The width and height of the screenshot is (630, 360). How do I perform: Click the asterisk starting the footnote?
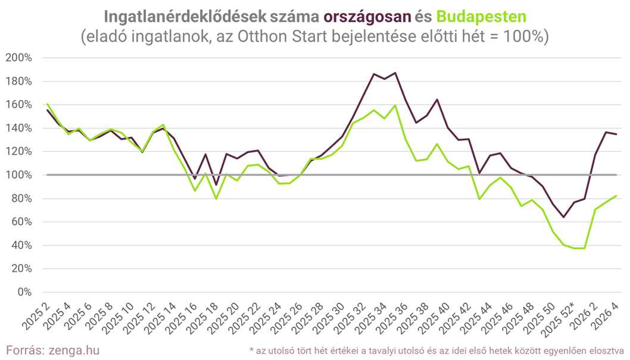pyautogui.click(x=251, y=349)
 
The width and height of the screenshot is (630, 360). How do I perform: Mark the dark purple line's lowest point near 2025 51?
pyautogui.click(x=563, y=217)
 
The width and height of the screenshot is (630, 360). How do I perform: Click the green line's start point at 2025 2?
pyautogui.click(x=47, y=104)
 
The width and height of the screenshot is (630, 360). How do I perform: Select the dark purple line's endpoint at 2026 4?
pyautogui.click(x=616, y=134)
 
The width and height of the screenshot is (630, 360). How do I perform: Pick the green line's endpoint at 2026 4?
pyautogui.click(x=616, y=196)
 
